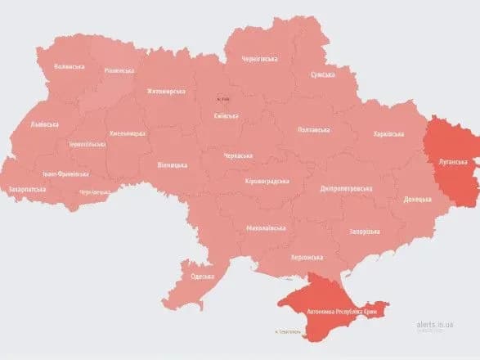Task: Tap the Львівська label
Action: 44,124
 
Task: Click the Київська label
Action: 225,116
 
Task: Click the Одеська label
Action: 203,276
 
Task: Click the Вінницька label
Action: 173,165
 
